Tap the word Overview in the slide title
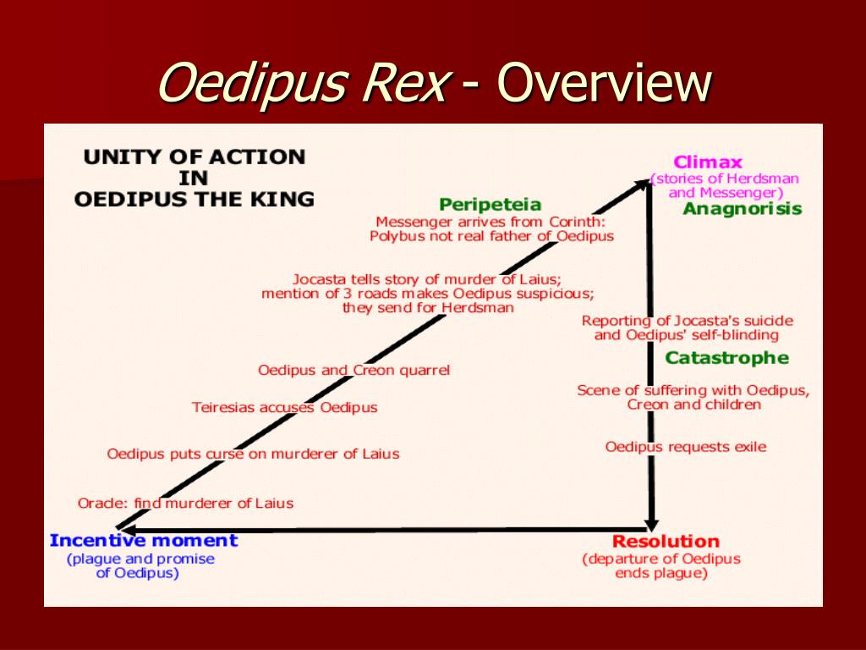(x=604, y=85)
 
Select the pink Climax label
(x=708, y=162)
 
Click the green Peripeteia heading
(x=491, y=205)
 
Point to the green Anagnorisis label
(x=743, y=209)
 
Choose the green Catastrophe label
(x=726, y=358)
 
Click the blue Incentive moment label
(x=144, y=540)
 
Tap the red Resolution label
(x=666, y=542)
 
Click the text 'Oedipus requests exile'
(x=686, y=447)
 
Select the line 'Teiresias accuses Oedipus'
(x=284, y=408)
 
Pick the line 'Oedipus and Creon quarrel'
(x=354, y=370)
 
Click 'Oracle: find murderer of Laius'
(x=185, y=503)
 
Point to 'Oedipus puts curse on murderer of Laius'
(x=253, y=454)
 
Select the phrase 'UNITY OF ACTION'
(x=194, y=157)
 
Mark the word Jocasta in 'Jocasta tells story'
(x=319, y=279)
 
